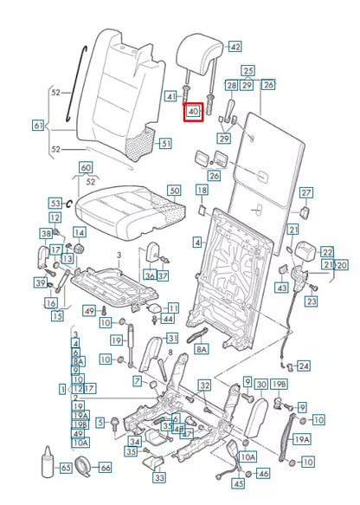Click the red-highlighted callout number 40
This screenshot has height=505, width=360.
(x=192, y=112)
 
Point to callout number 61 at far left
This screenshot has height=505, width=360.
(x=37, y=126)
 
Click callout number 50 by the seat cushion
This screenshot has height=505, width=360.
(x=174, y=190)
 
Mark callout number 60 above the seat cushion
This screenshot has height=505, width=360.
(x=85, y=167)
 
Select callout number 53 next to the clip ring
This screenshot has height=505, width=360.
(x=55, y=202)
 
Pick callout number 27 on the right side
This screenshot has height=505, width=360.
(x=305, y=192)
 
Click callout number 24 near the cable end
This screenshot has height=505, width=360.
(x=303, y=366)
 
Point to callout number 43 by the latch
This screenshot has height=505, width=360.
(x=282, y=288)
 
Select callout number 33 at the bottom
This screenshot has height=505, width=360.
(x=160, y=477)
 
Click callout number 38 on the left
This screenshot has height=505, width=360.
(x=46, y=234)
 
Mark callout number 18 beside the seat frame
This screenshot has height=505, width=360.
(x=201, y=190)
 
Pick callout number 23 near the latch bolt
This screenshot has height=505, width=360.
(x=311, y=301)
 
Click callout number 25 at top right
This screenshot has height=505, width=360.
(x=247, y=70)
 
